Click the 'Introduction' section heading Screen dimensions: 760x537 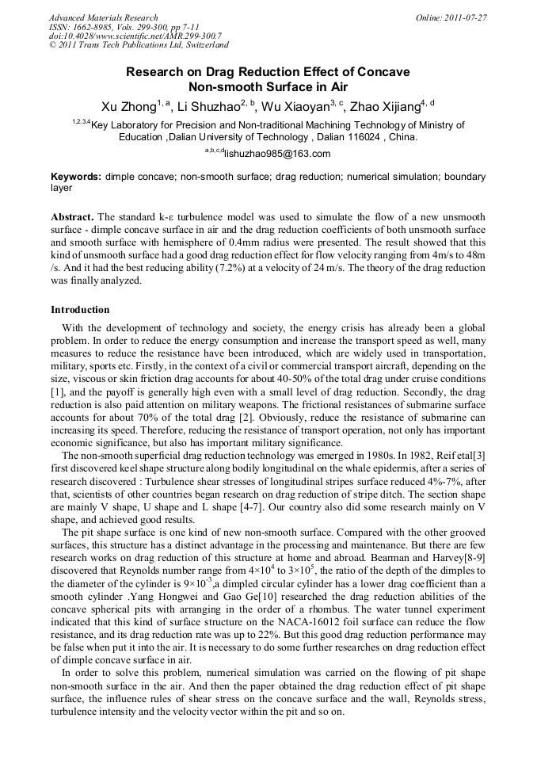pos(80,309)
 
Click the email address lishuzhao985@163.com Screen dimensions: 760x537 pos(276,155)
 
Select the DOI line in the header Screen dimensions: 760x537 pos(135,36)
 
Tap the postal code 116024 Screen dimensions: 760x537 pos(375,137)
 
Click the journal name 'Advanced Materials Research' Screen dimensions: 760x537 pos(103,17)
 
